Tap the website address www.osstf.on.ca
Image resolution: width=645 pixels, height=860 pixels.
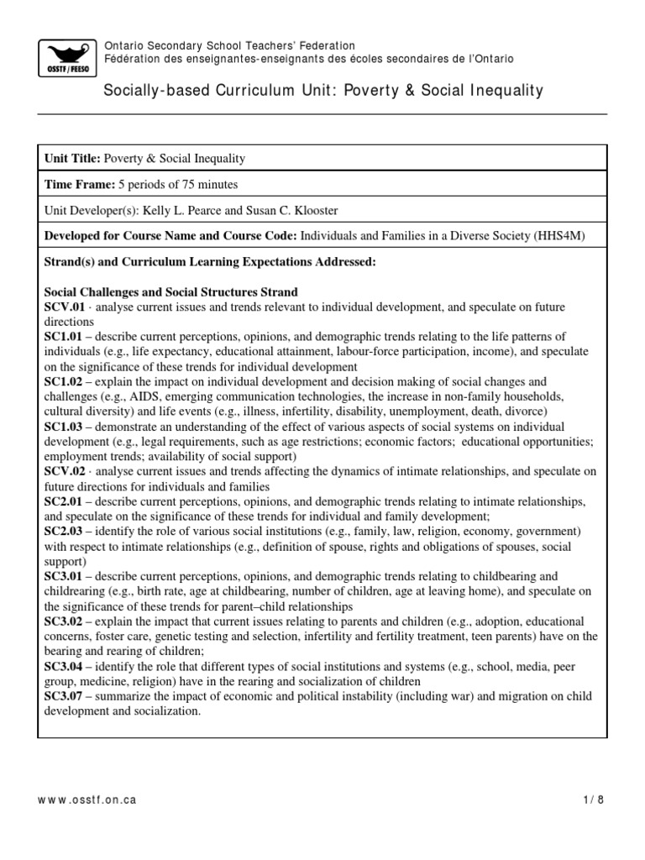click(x=87, y=800)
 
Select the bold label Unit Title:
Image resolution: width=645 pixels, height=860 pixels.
click(x=72, y=159)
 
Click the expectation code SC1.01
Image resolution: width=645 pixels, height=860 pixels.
click(x=64, y=337)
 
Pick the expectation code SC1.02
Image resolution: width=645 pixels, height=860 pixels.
click(x=64, y=381)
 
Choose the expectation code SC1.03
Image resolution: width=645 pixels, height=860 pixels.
click(x=64, y=427)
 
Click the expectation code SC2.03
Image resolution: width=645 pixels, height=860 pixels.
click(x=64, y=532)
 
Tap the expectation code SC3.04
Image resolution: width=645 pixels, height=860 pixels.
click(x=64, y=667)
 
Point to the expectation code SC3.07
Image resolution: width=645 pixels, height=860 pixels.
click(x=64, y=697)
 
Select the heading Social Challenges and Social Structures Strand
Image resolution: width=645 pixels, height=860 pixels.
click(x=170, y=292)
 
